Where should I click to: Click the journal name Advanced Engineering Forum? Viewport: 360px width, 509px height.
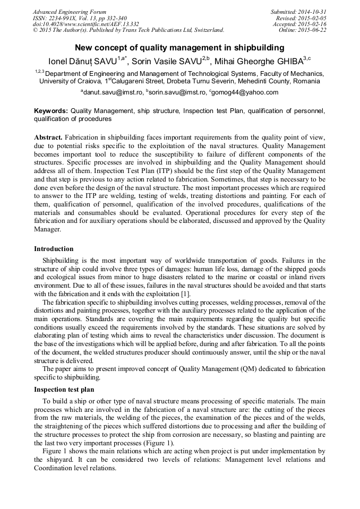pos(70,12)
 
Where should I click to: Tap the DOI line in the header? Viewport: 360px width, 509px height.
pos(86,24)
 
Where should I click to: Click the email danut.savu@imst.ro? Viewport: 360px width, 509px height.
pos(113,92)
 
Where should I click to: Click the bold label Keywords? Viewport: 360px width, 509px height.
pos(51,111)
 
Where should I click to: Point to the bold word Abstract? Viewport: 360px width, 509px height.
pos(48,137)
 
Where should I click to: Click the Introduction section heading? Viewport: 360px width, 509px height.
pos(54,249)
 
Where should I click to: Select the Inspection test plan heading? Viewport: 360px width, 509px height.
pos(64,390)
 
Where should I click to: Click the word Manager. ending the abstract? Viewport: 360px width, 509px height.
pos(47,230)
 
